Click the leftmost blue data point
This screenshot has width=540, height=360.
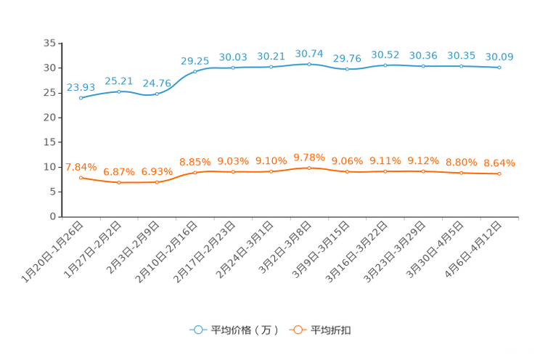click(x=81, y=98)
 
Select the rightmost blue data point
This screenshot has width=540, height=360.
click(x=499, y=67)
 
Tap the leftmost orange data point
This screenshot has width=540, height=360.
click(x=81, y=176)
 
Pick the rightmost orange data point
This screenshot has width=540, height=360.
click(x=499, y=173)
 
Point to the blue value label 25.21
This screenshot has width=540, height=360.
click(x=118, y=80)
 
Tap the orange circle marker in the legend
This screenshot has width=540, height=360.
click(x=297, y=330)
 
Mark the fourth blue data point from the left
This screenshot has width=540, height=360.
click(x=195, y=71)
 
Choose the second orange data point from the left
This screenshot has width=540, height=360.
click(x=119, y=182)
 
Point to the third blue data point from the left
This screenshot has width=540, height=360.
click(x=157, y=94)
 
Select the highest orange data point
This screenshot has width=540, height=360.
click(x=308, y=167)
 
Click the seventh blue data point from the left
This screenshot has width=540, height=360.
click(x=308, y=64)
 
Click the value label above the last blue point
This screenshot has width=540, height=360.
click(x=499, y=57)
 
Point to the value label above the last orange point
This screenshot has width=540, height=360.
click(x=499, y=163)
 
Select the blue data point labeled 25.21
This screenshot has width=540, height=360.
click(x=119, y=91)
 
